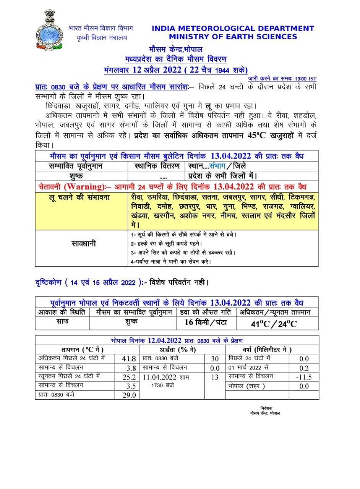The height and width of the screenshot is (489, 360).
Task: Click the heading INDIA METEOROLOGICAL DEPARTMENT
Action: tap(233, 28)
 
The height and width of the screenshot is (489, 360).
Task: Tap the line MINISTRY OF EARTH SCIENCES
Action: tap(233, 37)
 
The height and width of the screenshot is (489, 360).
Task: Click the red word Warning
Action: tap(85, 186)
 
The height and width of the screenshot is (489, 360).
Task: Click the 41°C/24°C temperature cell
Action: tap(274, 324)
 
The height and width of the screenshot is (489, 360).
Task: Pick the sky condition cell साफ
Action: tap(63, 321)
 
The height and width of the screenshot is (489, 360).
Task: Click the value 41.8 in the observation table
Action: tap(129, 359)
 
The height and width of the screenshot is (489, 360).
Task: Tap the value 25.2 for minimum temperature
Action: tap(129, 377)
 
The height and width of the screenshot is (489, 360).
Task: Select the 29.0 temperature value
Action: tap(129, 395)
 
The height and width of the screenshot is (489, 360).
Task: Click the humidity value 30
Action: tap(215, 359)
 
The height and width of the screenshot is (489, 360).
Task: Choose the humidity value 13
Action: tap(215, 377)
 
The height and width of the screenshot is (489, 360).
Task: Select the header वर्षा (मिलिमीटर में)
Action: tap(267, 350)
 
